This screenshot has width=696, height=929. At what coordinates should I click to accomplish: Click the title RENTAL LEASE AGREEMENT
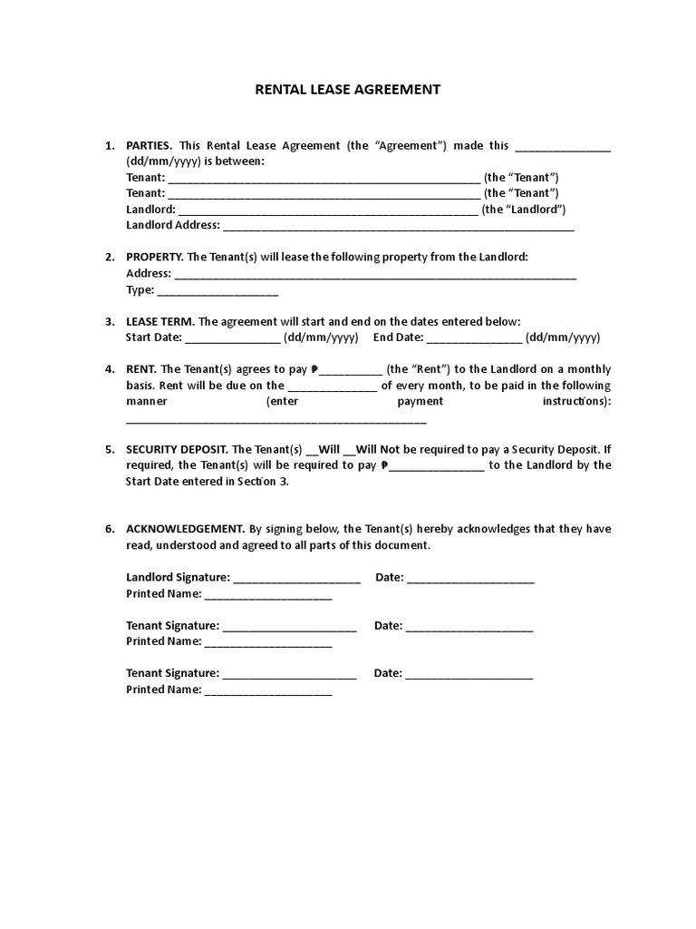(348, 89)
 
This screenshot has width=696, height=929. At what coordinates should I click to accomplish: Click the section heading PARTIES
(149, 145)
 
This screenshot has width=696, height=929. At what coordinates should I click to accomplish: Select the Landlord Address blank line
(398, 226)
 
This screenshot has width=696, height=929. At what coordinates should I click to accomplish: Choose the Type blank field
(217, 291)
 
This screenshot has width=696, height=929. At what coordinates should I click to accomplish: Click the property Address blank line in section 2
(374, 274)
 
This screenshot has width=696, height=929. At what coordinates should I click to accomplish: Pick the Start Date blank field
(233, 337)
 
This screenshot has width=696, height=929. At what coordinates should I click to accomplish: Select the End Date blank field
(474, 337)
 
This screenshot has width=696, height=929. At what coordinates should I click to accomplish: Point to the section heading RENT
(141, 369)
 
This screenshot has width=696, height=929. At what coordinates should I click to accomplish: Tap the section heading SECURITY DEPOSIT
(178, 449)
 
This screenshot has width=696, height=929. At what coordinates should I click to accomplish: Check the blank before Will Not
(349, 450)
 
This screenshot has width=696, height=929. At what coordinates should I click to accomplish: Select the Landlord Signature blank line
(297, 578)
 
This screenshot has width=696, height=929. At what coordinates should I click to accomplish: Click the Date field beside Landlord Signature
(470, 578)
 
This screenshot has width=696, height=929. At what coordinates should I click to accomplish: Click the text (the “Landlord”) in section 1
(523, 209)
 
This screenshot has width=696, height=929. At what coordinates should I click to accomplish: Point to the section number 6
(109, 529)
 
